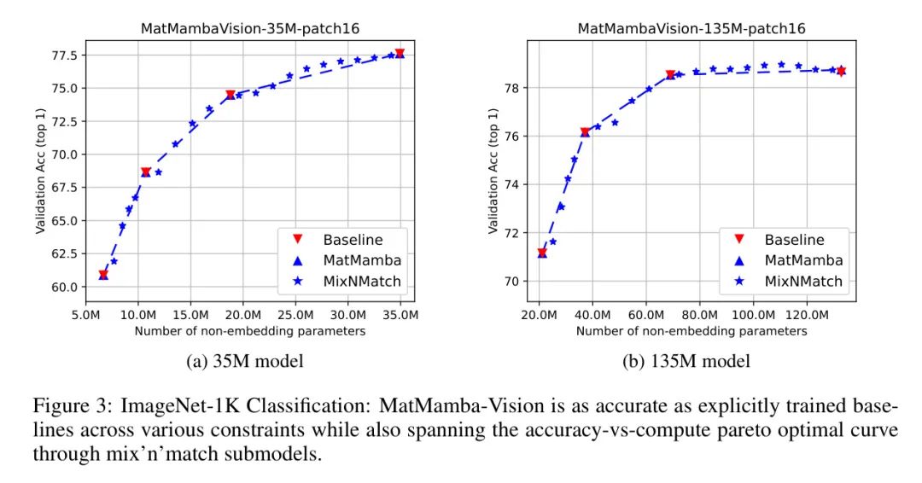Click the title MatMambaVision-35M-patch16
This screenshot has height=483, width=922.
pyautogui.click(x=249, y=28)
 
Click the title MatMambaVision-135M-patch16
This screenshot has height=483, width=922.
pyautogui.click(x=691, y=28)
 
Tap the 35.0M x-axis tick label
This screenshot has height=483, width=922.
pyautogui.click(x=400, y=315)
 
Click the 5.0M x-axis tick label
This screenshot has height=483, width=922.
pyautogui.click(x=85, y=315)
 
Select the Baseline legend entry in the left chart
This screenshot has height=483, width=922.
pyautogui.click(x=353, y=240)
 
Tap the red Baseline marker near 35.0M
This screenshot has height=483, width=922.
pyautogui.click(x=400, y=54)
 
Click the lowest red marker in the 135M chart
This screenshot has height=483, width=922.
pyautogui.click(x=542, y=253)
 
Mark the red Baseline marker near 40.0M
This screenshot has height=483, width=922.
pyautogui.click(x=585, y=132)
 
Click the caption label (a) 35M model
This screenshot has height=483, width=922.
pyautogui.click(x=244, y=362)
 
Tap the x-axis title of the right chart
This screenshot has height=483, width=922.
pyautogui.click(x=691, y=331)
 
